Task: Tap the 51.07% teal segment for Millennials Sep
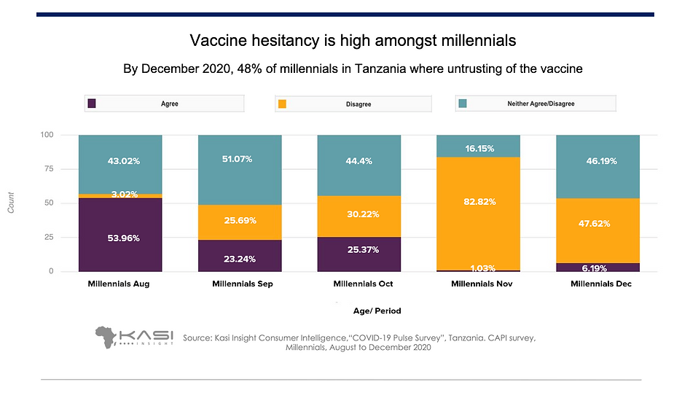[x=239, y=170]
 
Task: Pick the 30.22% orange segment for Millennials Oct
[x=358, y=216]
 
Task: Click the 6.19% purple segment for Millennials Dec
[x=597, y=267]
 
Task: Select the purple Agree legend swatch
[x=92, y=104]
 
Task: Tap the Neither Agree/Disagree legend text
[x=541, y=104]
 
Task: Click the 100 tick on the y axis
[x=47, y=135]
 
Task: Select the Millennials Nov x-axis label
[x=478, y=284]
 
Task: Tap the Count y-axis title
[x=11, y=203]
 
